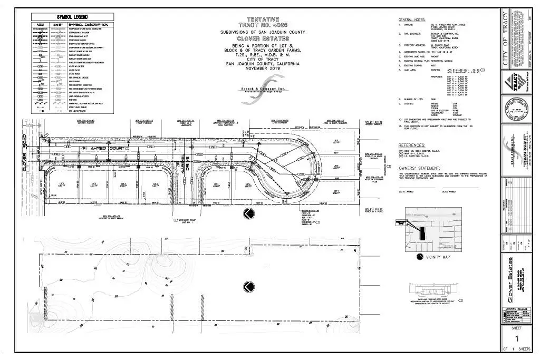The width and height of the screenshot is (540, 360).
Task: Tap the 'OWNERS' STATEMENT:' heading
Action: [421, 166]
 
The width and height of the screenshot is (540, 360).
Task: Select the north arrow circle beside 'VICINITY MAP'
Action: [420, 257]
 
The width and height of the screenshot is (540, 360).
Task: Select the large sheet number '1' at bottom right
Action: [517, 339]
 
